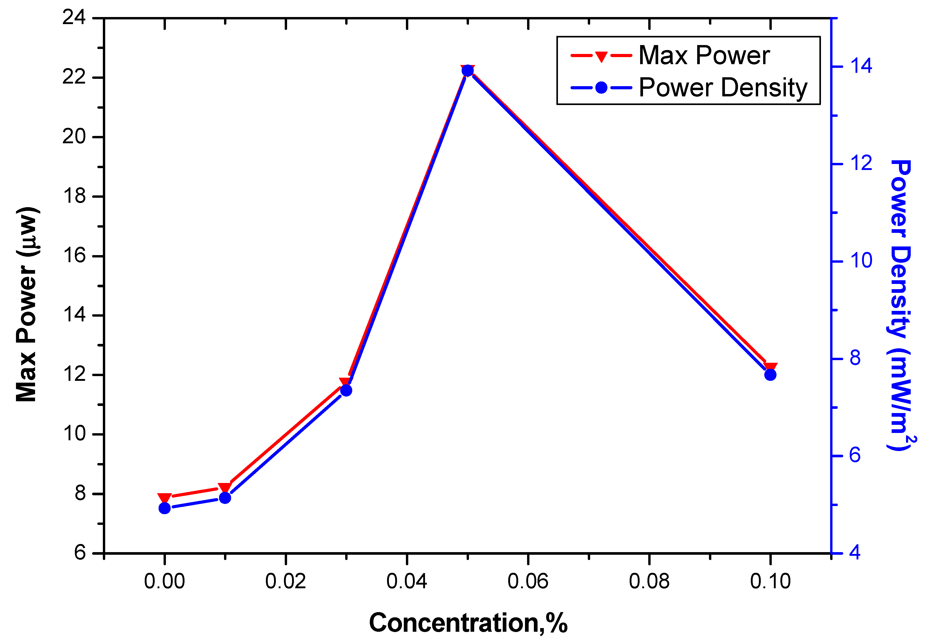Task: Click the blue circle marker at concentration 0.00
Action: point(164,508)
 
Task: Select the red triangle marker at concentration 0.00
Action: point(164,498)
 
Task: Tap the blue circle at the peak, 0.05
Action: point(467,71)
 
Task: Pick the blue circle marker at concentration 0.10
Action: point(770,375)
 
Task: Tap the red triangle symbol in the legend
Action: point(601,56)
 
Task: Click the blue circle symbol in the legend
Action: point(601,87)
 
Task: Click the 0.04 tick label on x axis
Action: point(407,581)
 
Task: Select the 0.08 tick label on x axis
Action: point(649,581)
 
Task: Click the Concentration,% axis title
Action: point(468,623)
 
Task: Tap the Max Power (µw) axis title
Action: point(27,304)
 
